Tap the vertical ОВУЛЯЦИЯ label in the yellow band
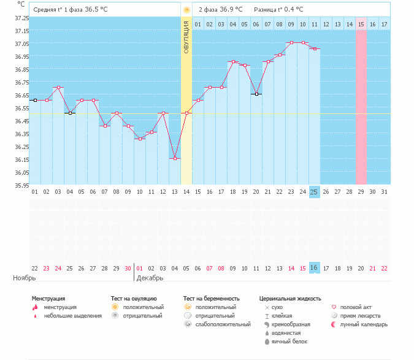tap(186, 37)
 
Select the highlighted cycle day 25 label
tap(314, 192)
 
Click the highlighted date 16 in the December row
tap(314, 268)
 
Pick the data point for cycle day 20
tap(256, 94)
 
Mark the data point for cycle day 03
tap(58, 88)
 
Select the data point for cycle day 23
tap(291, 43)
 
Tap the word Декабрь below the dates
tap(150, 278)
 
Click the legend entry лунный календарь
tap(365, 324)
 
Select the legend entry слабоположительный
tap(223, 324)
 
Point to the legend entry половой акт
tap(356, 307)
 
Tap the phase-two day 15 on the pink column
tap(361, 24)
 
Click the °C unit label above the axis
tap(21, 4)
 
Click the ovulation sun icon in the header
tap(186, 10)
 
